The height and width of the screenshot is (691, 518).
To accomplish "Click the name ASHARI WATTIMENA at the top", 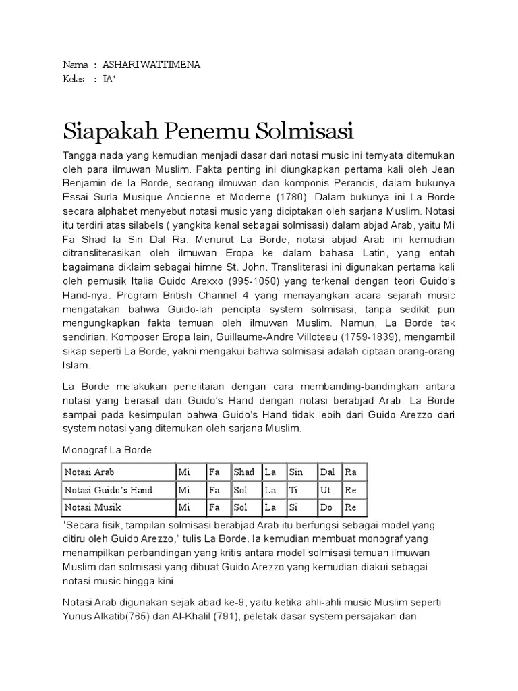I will click(x=150, y=65).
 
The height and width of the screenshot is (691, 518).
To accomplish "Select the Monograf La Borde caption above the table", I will click(x=108, y=450).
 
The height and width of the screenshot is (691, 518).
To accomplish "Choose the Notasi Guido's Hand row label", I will click(x=108, y=489).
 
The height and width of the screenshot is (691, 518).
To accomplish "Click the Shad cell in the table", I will click(x=244, y=472).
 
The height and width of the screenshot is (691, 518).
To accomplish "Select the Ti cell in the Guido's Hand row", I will click(x=293, y=489).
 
